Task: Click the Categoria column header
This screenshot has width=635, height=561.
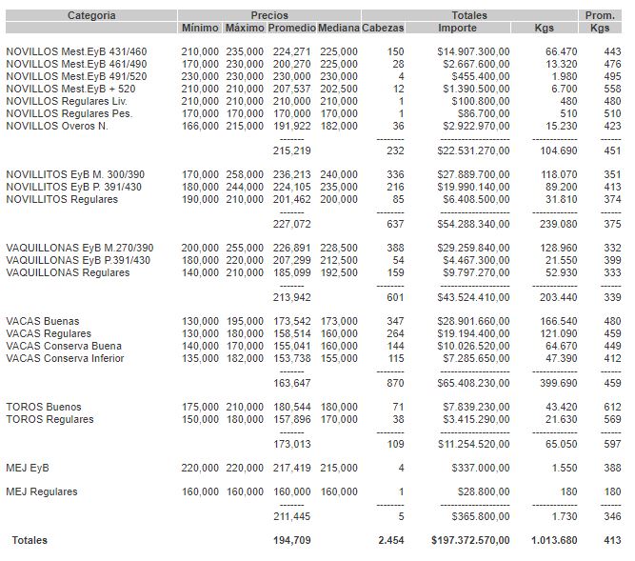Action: (x=91, y=15)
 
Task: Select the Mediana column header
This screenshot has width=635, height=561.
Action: (x=339, y=29)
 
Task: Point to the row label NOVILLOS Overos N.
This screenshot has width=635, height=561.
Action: (x=56, y=126)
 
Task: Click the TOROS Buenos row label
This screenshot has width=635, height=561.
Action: (x=43, y=407)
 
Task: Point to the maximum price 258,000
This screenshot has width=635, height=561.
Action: (x=245, y=174)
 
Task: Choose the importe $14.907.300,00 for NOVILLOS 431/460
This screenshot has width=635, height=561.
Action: (x=473, y=51)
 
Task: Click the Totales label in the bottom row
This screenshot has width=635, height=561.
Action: (x=30, y=541)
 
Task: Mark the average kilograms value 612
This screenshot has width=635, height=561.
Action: (x=612, y=407)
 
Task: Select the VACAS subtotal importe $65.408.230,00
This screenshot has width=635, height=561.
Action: (x=473, y=383)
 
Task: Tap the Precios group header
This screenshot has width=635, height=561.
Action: (x=269, y=15)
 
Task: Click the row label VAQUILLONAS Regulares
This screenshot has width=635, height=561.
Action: (x=68, y=273)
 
